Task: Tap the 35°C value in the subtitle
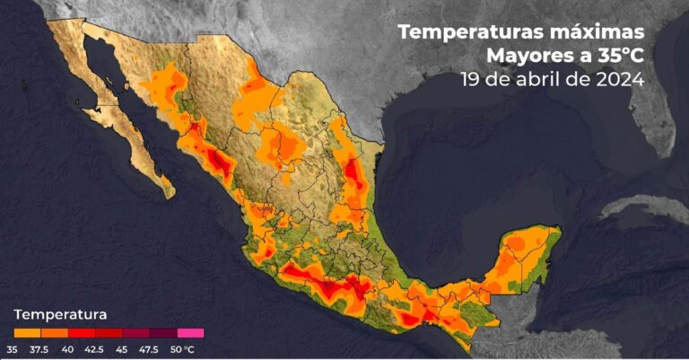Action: (615, 56)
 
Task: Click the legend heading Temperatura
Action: (60, 314)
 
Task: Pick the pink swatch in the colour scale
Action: (190, 333)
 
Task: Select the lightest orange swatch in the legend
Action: (27, 333)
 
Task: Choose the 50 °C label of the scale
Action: (182, 348)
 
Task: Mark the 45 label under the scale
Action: (125, 348)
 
